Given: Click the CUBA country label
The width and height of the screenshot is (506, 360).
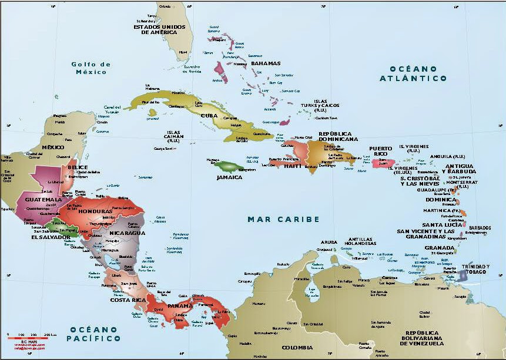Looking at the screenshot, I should click(x=209, y=115).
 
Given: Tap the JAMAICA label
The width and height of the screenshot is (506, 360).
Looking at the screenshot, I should click(x=229, y=177).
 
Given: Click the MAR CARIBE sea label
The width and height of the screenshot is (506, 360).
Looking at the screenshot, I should click(x=283, y=219).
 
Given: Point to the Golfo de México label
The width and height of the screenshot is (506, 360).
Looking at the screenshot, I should click(x=90, y=68).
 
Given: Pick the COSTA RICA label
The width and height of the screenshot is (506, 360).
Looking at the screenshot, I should click(x=128, y=300).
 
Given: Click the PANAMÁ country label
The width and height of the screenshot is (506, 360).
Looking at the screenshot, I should click(x=179, y=305).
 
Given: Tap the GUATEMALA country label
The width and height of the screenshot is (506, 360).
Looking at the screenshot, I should click(x=43, y=200).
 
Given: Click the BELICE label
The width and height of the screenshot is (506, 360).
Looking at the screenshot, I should click(x=78, y=167).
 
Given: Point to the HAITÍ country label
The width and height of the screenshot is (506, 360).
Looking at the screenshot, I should click(x=293, y=166).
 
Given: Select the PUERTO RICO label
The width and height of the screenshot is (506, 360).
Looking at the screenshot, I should click(x=384, y=151).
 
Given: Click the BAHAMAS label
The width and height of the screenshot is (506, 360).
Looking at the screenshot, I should click(x=266, y=63).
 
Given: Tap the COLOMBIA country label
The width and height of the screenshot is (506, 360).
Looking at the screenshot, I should click(x=297, y=348).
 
